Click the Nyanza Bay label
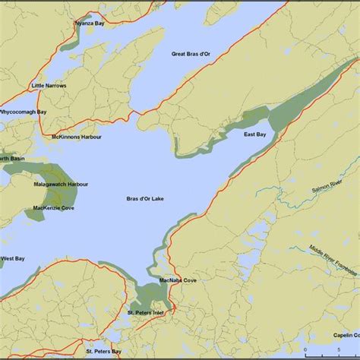90,24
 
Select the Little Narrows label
49,86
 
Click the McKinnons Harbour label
76,137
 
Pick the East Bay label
254,134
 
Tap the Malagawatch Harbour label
61,185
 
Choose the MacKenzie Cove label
54,207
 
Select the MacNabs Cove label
178,281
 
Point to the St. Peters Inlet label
146,312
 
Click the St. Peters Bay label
103,351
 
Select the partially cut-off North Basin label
11,158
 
